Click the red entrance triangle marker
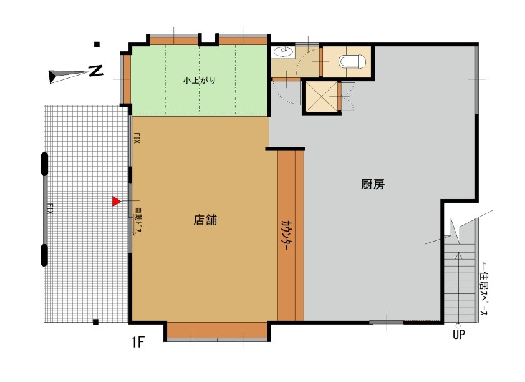(116, 201)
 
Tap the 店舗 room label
(205, 220)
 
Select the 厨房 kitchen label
(373, 184)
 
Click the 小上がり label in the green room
(200, 81)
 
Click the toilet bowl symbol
(352, 62)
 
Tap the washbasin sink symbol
(283, 52)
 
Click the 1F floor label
(138, 342)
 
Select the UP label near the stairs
(458, 334)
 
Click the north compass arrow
(68, 76)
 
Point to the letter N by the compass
(95, 71)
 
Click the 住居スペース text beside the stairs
(484, 288)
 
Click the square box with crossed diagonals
(321, 97)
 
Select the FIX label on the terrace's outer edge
(50, 208)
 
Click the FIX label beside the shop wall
(137, 137)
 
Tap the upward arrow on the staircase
(458, 288)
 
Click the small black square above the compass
(97, 44)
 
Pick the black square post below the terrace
(95, 322)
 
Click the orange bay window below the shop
(217, 331)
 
